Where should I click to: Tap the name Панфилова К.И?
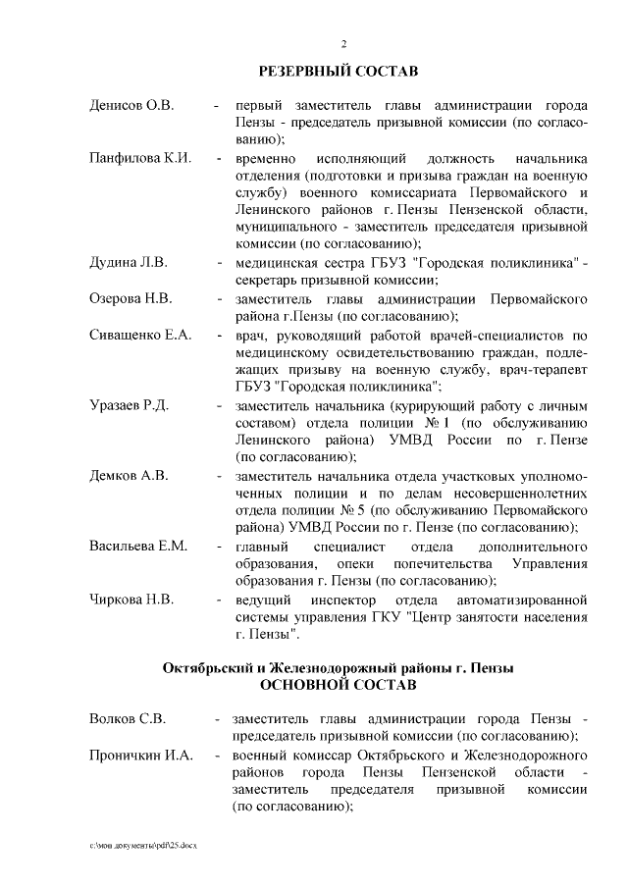(x=139, y=158)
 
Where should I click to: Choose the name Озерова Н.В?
(x=131, y=298)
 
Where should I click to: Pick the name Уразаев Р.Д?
(x=131, y=404)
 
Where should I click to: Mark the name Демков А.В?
(x=128, y=475)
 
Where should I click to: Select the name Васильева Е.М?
(x=138, y=546)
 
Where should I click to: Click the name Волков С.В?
(x=127, y=717)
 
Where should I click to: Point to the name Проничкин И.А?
(x=139, y=756)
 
